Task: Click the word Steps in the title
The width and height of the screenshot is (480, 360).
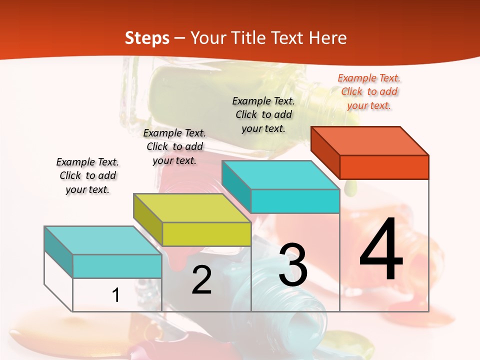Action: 147,38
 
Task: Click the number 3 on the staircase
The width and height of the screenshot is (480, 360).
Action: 293,265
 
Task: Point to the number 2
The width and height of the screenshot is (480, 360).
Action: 201,280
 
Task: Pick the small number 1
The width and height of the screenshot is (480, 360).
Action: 116,295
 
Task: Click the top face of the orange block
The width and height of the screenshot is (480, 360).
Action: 370,140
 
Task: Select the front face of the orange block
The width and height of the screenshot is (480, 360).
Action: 384,167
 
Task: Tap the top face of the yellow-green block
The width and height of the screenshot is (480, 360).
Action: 192,207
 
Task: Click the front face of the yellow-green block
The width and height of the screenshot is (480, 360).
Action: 206,234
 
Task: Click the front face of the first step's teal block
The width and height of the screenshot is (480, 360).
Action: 117,266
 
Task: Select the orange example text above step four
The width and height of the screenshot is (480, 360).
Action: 369,91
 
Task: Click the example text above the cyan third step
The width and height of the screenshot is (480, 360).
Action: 263,114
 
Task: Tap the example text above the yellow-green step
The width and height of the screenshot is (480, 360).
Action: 174,146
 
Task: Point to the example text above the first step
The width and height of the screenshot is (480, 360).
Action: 87,175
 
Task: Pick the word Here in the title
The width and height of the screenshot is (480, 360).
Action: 328,38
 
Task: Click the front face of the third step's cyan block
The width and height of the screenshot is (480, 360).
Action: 295,201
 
